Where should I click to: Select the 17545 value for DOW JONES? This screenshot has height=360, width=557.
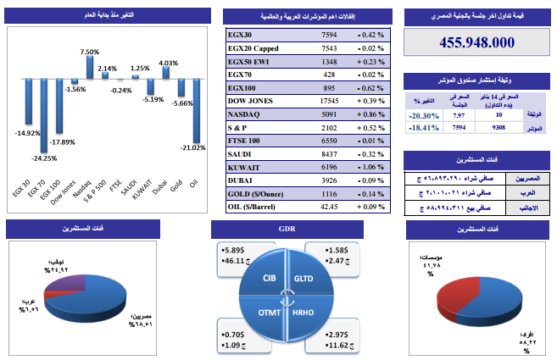pos(329,100)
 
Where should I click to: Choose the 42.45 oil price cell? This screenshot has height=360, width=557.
pos(329,206)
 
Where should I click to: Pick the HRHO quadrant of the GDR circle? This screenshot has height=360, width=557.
pos(303,313)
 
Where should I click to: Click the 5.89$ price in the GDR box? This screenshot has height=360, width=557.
pos(231,251)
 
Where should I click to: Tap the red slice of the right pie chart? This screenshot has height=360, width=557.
pos(459,288)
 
